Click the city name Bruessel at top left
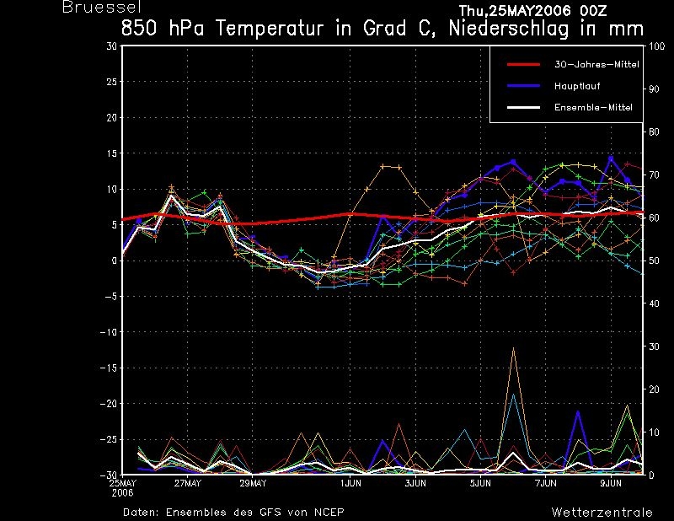point(102,7)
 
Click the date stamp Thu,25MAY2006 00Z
point(532,11)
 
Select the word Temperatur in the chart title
point(270,29)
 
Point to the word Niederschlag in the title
point(509,29)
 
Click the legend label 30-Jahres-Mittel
point(596,65)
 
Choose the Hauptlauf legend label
point(577,86)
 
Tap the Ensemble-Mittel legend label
point(593,107)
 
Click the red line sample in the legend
point(523,65)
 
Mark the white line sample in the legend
point(523,107)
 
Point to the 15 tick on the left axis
point(112,153)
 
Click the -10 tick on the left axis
point(109,332)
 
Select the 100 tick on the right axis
point(657,46)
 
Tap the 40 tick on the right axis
point(654,303)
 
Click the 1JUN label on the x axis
point(350,483)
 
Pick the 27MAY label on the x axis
point(187,483)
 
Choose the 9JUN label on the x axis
point(611,483)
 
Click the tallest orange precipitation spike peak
point(513,347)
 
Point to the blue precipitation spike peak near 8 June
point(578,412)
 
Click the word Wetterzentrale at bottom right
point(602,512)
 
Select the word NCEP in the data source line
point(329,512)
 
